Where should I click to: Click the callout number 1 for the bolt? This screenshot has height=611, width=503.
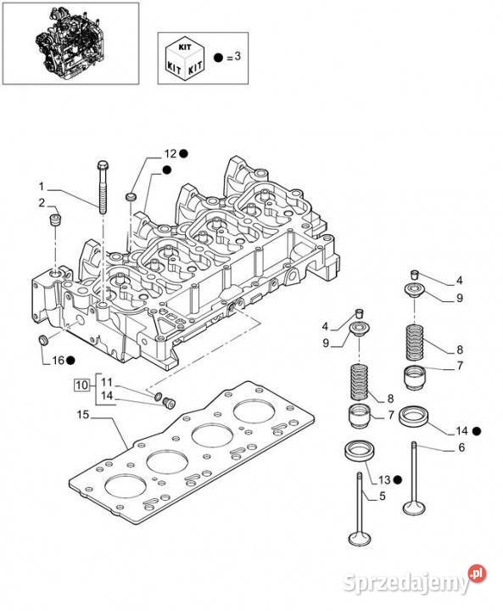click(42, 187)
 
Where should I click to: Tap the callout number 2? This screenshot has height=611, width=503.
click(42, 203)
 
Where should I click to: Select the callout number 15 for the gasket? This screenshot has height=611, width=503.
click(83, 415)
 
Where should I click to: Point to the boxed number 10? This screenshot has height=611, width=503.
click(81, 385)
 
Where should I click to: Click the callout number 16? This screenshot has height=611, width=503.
click(58, 361)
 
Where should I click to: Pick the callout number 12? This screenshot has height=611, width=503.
click(170, 154)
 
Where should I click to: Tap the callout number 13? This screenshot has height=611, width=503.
click(384, 480)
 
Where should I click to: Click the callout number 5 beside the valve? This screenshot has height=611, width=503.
click(383, 496)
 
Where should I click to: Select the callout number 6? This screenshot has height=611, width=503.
click(461, 448)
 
